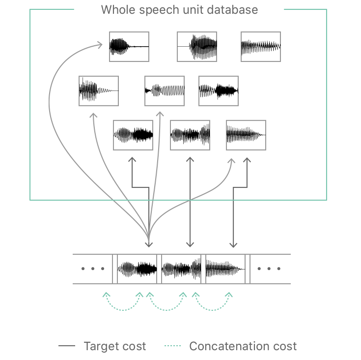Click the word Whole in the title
tap(116, 10)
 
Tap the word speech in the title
tap(157, 10)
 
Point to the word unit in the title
tap(193, 10)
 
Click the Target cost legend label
tap(115, 346)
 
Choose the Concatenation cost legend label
tap(243, 346)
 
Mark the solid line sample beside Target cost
tap(67, 346)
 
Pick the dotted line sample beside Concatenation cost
tap(173, 346)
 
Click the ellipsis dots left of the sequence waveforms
tap(93, 269)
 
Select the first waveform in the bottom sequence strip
tap(137, 269)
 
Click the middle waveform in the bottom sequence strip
tap(181, 269)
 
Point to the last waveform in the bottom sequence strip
tap(225, 269)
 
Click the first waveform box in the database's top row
tap(129, 47)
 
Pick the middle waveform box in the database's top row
tap(197, 47)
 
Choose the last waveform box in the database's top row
tap(261, 47)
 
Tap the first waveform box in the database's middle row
tap(99, 91)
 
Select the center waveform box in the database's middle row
tap(165, 91)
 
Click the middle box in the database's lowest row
tap(190, 135)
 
